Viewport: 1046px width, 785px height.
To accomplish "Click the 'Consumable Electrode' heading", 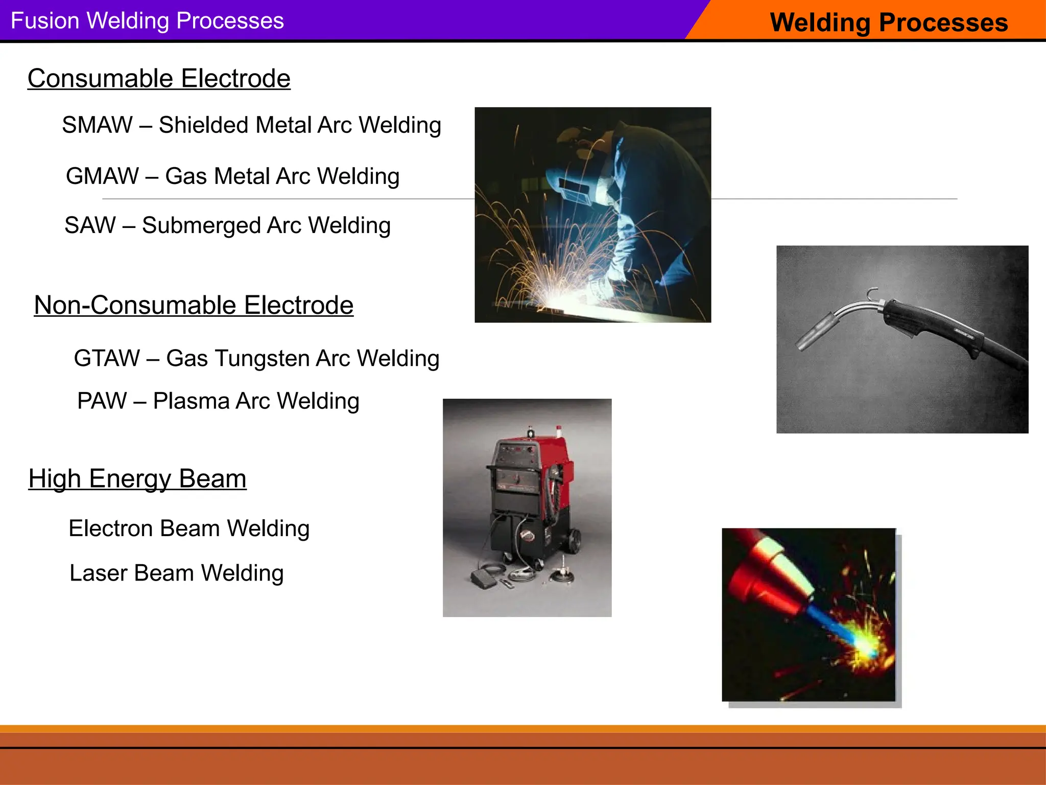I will (159, 79).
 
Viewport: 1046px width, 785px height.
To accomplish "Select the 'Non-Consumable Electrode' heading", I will (194, 305).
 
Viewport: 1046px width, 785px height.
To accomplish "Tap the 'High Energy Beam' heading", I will (137, 479).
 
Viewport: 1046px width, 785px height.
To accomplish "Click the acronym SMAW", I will (97, 125).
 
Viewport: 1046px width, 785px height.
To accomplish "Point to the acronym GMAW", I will (102, 176).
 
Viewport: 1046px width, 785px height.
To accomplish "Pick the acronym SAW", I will (90, 225).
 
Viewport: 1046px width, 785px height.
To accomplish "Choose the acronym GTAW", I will (107, 358).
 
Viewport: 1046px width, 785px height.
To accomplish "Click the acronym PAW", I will (102, 401).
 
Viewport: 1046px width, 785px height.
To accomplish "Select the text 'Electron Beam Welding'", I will (189, 528).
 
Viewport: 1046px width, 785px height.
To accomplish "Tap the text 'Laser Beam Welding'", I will (176, 573).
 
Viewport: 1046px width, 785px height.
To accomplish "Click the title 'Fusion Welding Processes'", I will (147, 21).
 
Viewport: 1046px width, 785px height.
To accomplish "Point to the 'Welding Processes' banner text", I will (889, 22).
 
